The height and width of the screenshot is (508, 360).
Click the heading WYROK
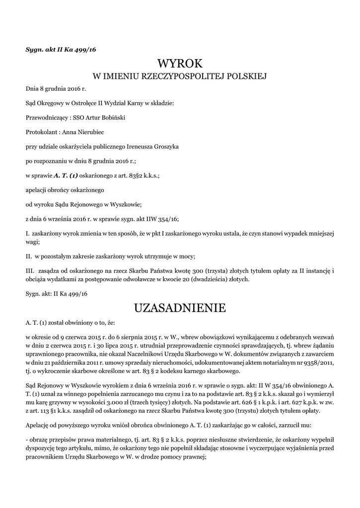point(180,64)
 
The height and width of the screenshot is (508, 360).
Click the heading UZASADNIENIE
point(180,308)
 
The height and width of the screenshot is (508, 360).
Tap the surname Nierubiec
point(91,132)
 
